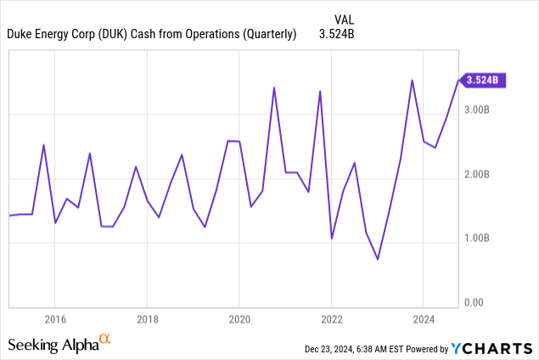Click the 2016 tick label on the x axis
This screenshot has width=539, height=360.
[x=54, y=320]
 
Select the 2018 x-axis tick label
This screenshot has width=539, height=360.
[x=147, y=320]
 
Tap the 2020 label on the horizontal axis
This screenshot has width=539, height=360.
[x=239, y=320]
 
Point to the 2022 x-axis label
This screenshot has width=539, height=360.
[x=331, y=320]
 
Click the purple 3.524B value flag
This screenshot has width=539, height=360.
[x=483, y=81]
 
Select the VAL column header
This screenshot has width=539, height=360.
[x=344, y=16]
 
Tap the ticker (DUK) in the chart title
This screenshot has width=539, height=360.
[x=119, y=35]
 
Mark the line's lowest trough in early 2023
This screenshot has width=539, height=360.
[x=378, y=259]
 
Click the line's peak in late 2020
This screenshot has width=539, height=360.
[x=273, y=87]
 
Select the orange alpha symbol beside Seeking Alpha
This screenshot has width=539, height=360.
[x=104, y=340]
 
